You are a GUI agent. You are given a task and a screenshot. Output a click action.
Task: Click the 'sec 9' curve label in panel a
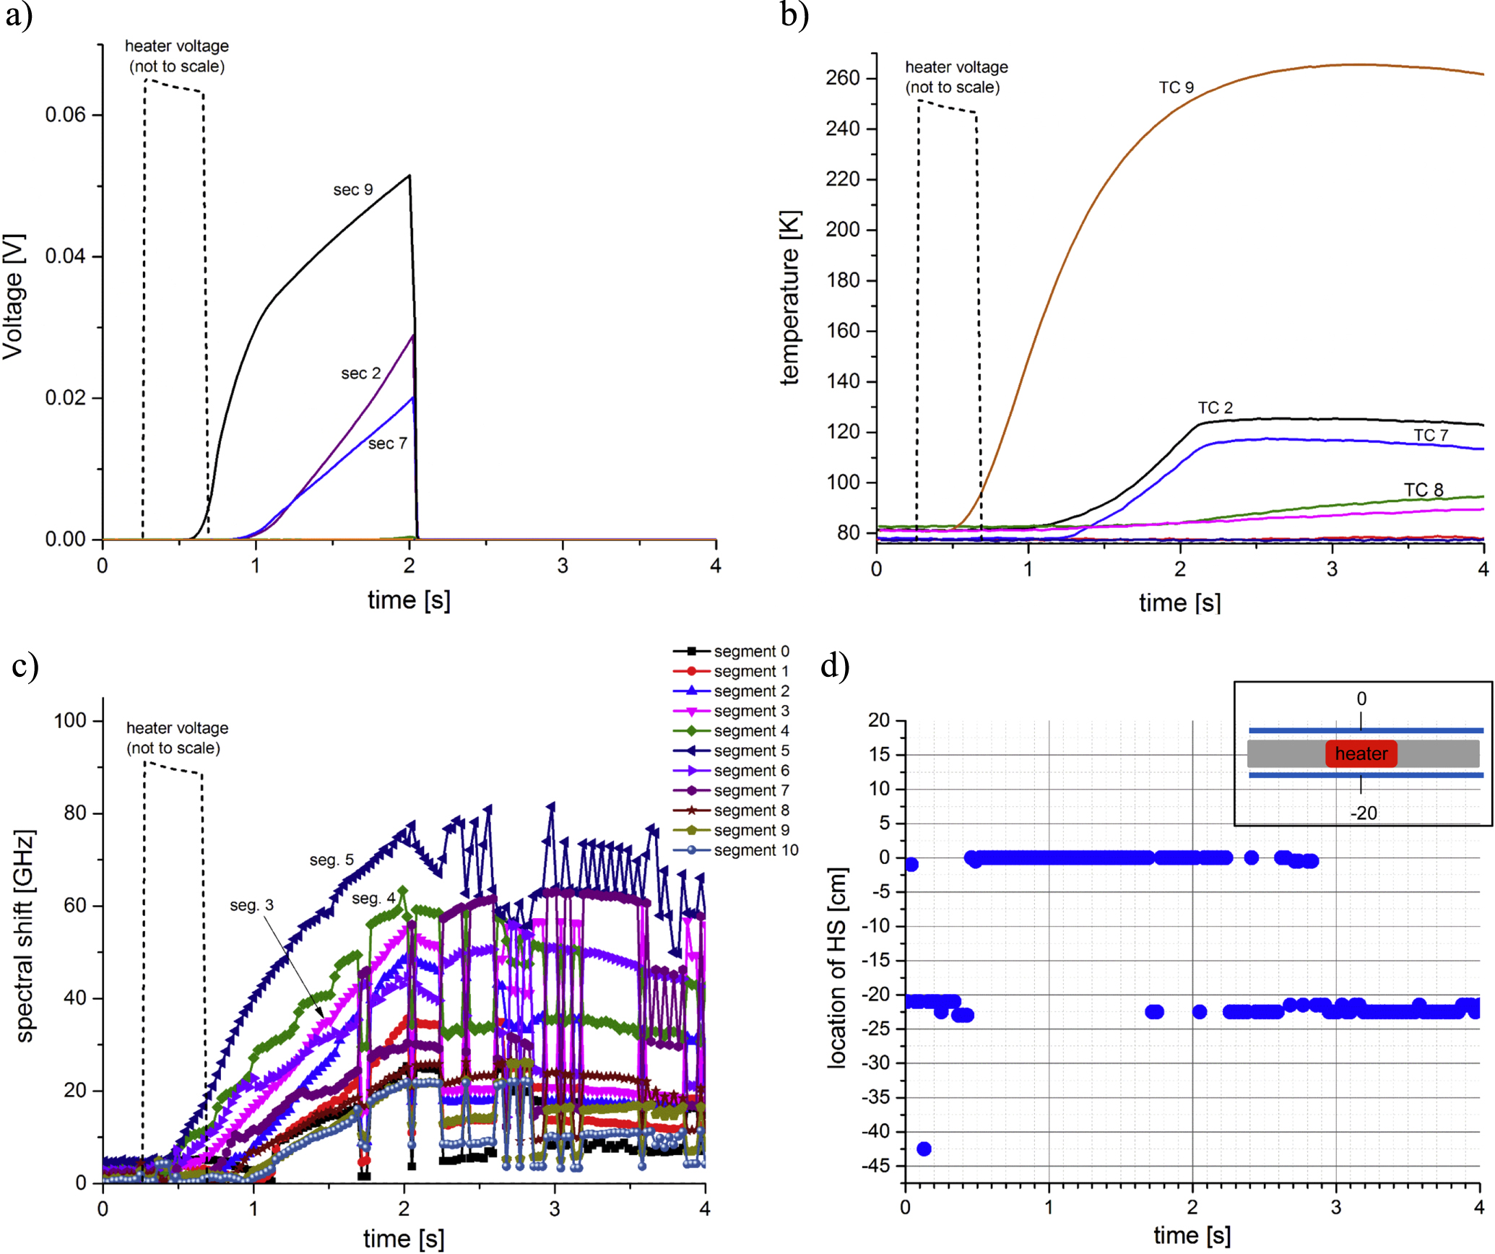[352, 189]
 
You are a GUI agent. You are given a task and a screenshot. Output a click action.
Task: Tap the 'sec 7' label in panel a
[387, 443]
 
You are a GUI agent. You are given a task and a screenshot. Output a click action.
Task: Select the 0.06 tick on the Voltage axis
[65, 115]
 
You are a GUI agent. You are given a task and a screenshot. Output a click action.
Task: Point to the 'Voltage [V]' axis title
[14, 296]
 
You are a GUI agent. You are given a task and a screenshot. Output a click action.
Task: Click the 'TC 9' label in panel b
[1176, 87]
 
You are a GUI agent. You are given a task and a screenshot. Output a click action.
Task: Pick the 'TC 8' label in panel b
[1423, 490]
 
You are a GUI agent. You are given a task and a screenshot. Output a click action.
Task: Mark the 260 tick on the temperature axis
[843, 78]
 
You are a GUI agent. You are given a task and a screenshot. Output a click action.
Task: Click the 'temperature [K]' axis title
[790, 298]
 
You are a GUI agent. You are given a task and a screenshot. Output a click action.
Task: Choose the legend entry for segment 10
[736, 850]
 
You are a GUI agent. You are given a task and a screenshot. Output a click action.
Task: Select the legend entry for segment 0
[732, 651]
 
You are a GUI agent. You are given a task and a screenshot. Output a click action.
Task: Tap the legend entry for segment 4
[732, 730]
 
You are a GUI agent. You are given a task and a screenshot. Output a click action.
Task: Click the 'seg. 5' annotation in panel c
[331, 860]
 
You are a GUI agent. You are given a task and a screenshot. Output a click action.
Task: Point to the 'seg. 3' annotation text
[251, 905]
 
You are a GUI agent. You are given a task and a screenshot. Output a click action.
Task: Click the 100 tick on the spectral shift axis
[70, 720]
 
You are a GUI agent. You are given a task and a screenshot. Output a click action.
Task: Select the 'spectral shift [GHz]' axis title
[25, 936]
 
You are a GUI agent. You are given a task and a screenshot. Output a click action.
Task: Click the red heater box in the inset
[1361, 753]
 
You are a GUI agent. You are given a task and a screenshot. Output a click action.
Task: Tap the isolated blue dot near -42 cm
[924, 1149]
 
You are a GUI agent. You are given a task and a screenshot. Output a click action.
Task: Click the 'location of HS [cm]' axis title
[837, 969]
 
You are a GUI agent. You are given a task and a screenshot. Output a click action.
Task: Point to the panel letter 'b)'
[794, 14]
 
